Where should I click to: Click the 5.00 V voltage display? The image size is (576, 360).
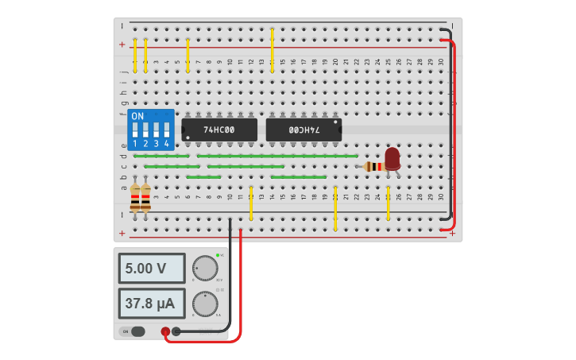[x=152, y=269]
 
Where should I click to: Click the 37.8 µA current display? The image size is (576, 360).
[x=152, y=304]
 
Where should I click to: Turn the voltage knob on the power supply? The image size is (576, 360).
[x=205, y=269]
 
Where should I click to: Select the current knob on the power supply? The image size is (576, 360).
[x=205, y=304]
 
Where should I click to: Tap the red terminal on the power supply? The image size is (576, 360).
[x=165, y=331]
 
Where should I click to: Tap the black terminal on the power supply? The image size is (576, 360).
[x=176, y=331]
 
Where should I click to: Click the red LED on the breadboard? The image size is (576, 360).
[x=392, y=158]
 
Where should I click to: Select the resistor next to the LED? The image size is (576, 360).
[x=373, y=166]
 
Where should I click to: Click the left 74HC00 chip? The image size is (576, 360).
[x=219, y=130]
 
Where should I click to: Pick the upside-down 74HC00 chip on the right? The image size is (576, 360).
[x=303, y=130]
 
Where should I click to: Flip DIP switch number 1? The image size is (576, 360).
[x=135, y=130]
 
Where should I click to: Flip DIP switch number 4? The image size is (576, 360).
[x=166, y=130]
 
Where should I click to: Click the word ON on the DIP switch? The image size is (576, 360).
[x=137, y=116]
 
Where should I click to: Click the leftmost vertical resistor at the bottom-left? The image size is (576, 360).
[x=135, y=198]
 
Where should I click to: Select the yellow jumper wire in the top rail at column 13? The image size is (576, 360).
[x=272, y=51]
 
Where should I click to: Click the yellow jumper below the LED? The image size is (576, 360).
[x=388, y=204]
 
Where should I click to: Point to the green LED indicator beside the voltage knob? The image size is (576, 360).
[x=217, y=255]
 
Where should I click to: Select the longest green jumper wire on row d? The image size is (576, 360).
[x=277, y=156]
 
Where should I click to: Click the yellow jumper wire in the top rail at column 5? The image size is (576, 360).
[x=187, y=56]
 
